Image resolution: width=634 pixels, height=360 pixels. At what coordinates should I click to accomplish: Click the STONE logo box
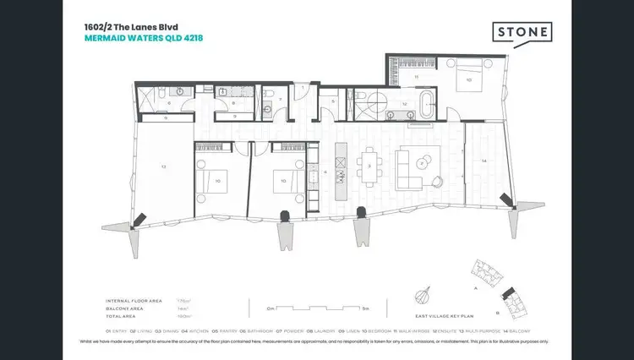522,32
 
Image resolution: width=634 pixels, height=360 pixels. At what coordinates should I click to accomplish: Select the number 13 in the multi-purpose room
162,166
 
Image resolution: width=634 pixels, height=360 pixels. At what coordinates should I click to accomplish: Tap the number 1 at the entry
302,88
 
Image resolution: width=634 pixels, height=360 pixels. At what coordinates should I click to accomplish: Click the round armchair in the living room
439,178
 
